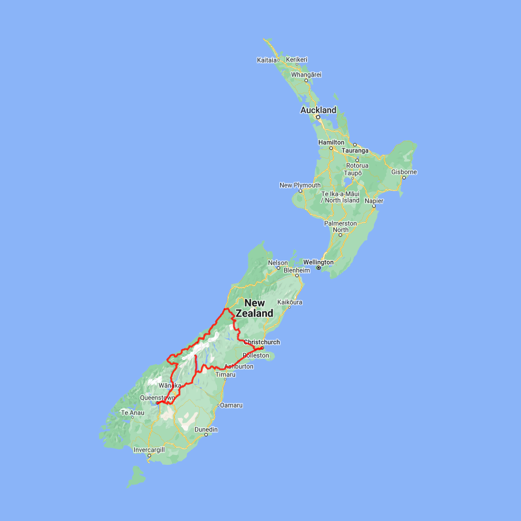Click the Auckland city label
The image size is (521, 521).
(318, 110)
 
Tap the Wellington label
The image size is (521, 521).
(318, 262)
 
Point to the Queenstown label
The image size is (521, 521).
(157, 398)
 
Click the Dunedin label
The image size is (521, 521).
(206, 430)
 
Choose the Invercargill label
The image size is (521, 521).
(149, 449)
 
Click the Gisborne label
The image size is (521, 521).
(404, 172)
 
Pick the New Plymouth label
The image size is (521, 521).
(300, 185)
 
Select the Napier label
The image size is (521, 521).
(374, 200)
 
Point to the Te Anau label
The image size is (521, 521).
(131, 413)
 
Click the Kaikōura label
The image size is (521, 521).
(290, 302)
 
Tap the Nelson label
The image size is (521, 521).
(278, 263)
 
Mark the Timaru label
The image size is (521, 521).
(225, 375)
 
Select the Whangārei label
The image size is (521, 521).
(306, 75)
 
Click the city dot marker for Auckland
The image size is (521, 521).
(318, 117)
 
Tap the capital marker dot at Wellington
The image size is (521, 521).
(318, 268)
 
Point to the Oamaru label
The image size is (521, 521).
(231, 405)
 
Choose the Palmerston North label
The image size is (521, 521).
(340, 226)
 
